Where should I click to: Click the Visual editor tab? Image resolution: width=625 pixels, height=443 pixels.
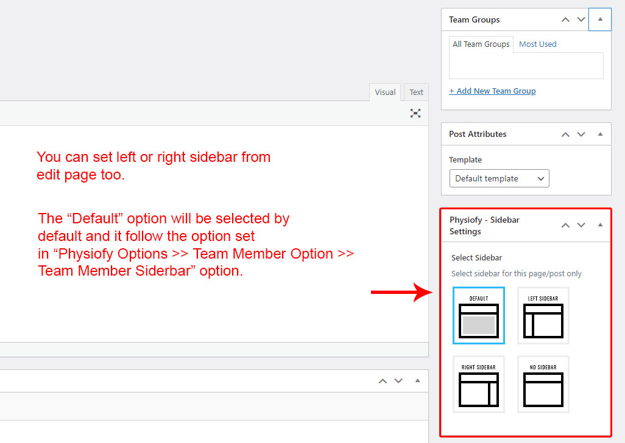coord(385,92)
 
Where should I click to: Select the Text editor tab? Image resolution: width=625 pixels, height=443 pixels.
coord(416,92)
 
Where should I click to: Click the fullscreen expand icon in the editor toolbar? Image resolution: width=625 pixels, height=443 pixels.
coord(415,113)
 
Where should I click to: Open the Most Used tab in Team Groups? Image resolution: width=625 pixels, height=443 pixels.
coord(537,44)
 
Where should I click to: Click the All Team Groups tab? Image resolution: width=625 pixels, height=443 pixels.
coord(481,44)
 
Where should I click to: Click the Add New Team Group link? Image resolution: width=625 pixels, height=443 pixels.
coord(492,91)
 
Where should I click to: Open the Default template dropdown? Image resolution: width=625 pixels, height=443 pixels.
coord(499,178)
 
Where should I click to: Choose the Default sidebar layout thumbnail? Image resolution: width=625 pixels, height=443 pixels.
coord(479,315)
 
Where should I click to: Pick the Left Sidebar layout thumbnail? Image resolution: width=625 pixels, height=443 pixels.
coord(543,315)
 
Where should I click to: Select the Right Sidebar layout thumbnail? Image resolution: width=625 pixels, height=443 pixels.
coord(479,384)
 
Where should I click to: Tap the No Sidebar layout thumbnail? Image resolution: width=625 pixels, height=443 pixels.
coord(543,384)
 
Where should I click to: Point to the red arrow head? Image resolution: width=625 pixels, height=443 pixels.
coord(431,293)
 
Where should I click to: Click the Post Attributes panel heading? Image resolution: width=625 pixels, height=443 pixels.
coord(478,134)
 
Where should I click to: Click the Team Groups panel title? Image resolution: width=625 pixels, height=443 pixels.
coord(475,19)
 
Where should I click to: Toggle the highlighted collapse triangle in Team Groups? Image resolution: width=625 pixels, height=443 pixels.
coord(600,19)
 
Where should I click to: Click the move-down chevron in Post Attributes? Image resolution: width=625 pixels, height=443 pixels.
coord(581,134)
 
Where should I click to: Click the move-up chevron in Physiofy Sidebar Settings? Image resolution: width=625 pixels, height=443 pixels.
coord(565,225)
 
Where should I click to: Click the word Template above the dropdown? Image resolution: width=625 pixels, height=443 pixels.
coord(465,159)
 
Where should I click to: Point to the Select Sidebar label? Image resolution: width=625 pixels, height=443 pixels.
coord(476,257)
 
